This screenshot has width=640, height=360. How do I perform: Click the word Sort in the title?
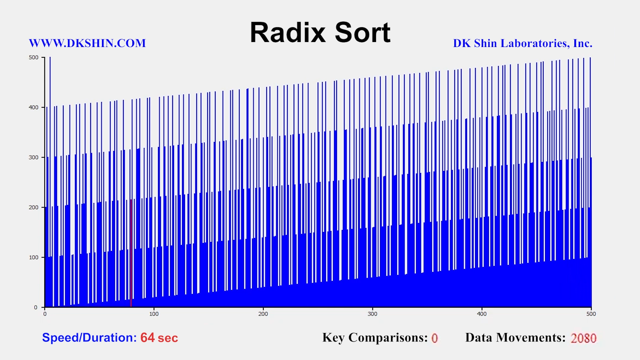pyautogui.click(x=363, y=32)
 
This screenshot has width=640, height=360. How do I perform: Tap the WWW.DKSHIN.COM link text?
pyautogui.click(x=87, y=43)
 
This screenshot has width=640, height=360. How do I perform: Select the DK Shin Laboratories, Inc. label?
pyautogui.click(x=523, y=43)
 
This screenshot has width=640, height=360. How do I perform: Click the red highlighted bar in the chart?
pyautogui.click(x=131, y=253)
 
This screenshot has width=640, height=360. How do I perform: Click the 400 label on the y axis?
pyautogui.click(x=34, y=107)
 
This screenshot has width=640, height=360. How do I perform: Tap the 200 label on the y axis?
pyautogui.click(x=34, y=207)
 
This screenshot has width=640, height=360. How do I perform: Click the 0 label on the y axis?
pyautogui.click(x=36, y=307)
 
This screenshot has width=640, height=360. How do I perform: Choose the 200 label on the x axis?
pyautogui.click(x=263, y=314)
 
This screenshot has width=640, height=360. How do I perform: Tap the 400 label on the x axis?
pyautogui.click(x=482, y=314)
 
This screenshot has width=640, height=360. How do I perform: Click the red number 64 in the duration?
pyautogui.click(x=147, y=338)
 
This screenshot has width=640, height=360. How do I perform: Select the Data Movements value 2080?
pyautogui.click(x=583, y=338)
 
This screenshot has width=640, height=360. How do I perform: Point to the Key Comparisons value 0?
pyautogui.click(x=435, y=338)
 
